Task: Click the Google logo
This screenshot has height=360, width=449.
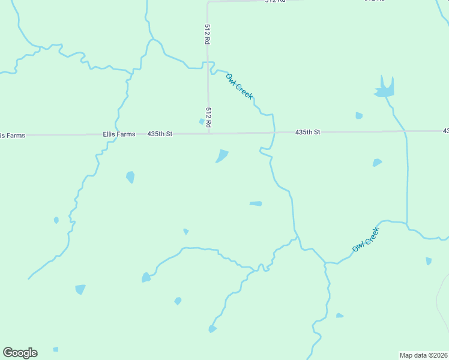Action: coord(20,353)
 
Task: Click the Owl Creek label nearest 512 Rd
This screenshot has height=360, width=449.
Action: coord(240,86)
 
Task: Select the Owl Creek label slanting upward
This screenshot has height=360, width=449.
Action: coord(366,239)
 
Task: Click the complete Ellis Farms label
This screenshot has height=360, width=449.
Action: coord(119,134)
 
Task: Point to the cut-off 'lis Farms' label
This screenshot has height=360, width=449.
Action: coord(13,136)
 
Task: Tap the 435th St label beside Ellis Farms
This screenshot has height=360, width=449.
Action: coord(160,134)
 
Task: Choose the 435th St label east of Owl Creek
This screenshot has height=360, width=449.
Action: coord(308,132)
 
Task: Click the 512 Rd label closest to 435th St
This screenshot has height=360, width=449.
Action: coord(208,117)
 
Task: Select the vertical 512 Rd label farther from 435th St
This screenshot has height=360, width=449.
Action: coord(207,35)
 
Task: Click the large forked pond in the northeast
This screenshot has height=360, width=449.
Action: coord(384,90)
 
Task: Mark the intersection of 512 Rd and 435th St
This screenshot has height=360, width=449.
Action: coord(208,133)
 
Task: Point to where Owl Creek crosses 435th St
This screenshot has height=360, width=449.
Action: coord(275,132)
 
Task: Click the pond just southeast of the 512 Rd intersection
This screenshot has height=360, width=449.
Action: coord(222,156)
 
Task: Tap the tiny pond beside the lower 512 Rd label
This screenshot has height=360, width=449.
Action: coord(202,122)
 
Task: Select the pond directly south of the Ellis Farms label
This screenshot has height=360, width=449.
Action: coord(130,177)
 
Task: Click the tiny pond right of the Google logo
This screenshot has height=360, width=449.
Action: coord(56,349)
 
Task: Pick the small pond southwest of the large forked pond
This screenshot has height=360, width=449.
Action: coord(359,116)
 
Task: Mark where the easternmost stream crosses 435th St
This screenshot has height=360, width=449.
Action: coord(405,131)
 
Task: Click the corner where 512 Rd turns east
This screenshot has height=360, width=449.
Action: coord(208,2)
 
